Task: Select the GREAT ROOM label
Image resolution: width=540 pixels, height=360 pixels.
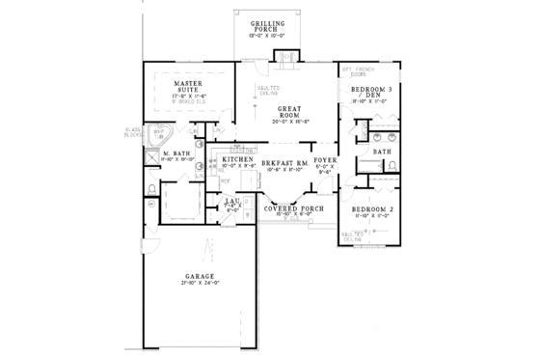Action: pyautogui.click(x=286, y=114)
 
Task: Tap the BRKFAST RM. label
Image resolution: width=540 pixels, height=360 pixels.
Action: pyautogui.click(x=285, y=164)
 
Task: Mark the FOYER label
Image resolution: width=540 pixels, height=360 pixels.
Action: pyautogui.click(x=324, y=164)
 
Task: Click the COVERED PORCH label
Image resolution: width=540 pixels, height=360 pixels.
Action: pyautogui.click(x=291, y=208)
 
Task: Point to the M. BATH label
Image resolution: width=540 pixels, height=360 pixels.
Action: pyautogui.click(x=175, y=153)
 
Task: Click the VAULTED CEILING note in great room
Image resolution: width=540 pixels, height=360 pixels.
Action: pyautogui.click(x=265, y=92)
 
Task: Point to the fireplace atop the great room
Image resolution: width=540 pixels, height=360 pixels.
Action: pyautogui.click(x=285, y=55)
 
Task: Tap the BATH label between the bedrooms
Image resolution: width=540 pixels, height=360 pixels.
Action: pyautogui.click(x=382, y=152)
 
